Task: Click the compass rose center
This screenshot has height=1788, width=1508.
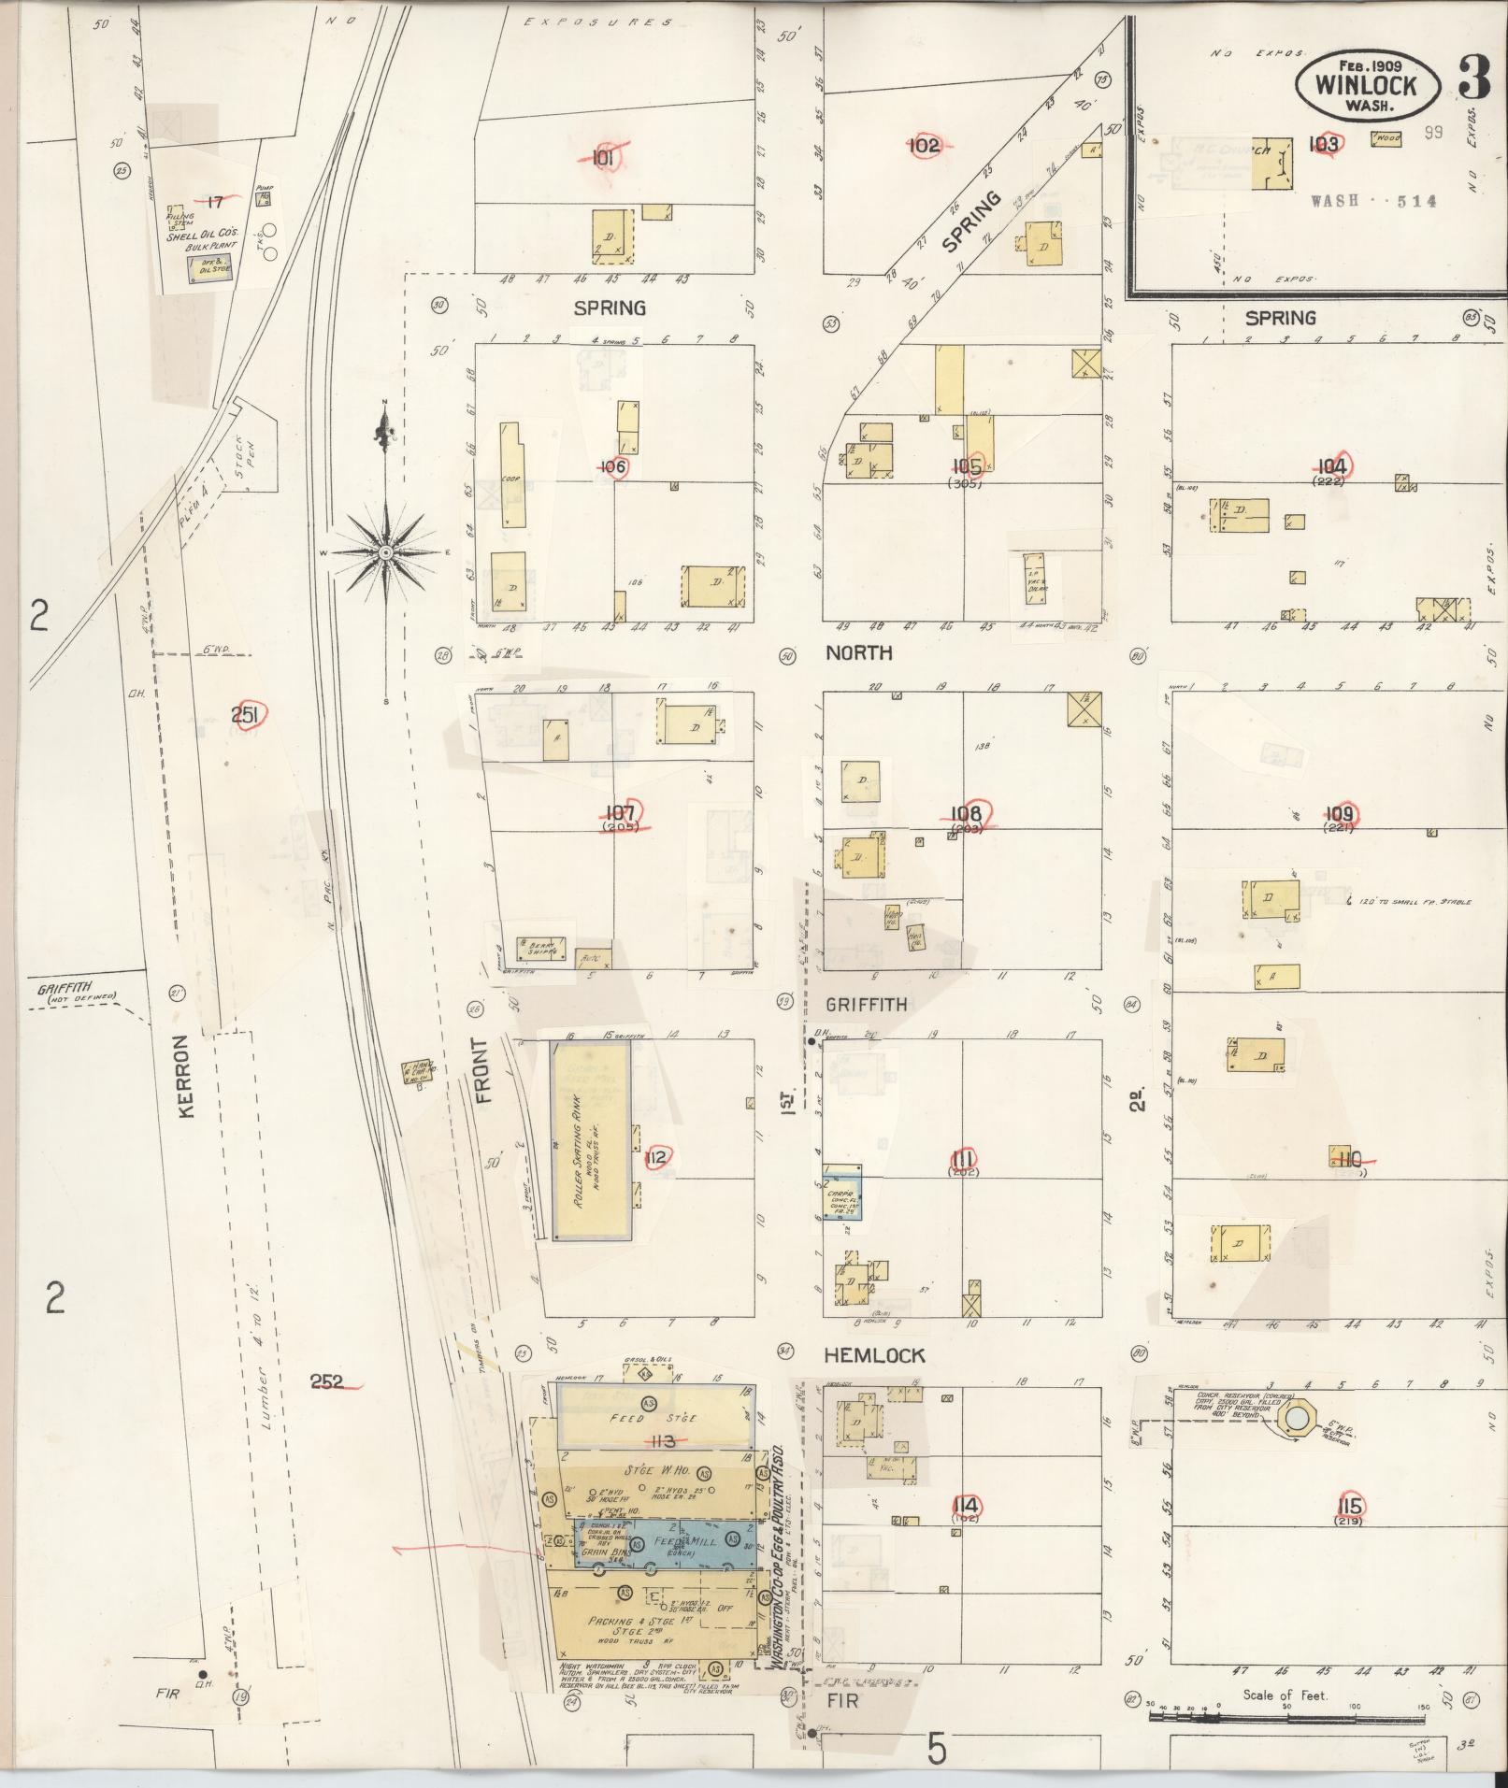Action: tap(384, 553)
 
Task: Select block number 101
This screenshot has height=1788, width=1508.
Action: tap(603, 158)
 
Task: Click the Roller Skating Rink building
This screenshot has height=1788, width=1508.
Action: tap(591, 1140)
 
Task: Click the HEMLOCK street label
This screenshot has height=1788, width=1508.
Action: tap(875, 1355)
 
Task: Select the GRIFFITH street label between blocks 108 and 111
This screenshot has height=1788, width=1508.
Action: tap(865, 1005)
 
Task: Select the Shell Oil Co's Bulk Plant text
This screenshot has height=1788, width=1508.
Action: tap(203, 242)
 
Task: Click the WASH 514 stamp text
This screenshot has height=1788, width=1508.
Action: tap(1372, 201)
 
